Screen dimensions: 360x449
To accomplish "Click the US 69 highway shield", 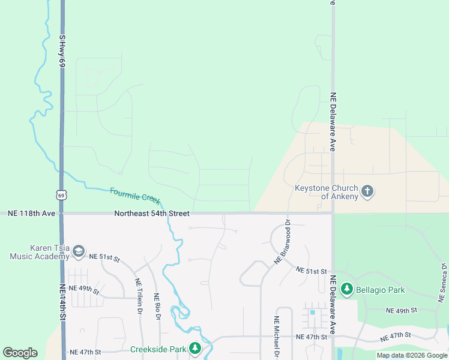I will (x=61, y=194).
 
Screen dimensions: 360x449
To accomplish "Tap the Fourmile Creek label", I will (x=136, y=196).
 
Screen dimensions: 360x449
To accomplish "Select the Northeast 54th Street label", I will (x=152, y=214).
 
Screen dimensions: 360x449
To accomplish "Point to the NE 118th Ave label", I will (x=28, y=214).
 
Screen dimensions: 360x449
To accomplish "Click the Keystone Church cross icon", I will (x=367, y=192).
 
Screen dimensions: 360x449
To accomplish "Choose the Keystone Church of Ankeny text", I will (x=326, y=192).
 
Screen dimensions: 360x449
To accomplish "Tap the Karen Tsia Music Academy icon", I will (x=79, y=253).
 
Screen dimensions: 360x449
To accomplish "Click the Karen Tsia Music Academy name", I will (x=40, y=252).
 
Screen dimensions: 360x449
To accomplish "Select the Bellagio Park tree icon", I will (x=346, y=290).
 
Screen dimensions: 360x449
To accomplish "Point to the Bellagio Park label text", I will (x=381, y=290).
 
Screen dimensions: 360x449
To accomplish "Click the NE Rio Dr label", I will (x=157, y=305).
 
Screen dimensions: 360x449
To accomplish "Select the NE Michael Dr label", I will (x=276, y=337).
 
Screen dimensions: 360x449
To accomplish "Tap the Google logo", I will (x=20, y=353).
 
